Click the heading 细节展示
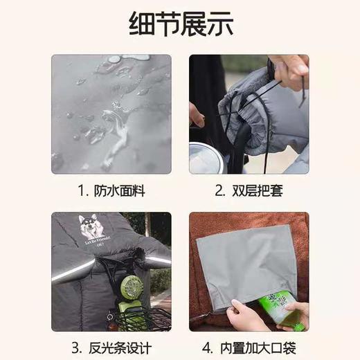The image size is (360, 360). (x=180, y=23)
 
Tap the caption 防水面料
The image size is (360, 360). (x=118, y=190)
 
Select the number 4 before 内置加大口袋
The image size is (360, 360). (x=206, y=347)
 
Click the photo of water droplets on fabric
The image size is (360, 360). (x=111, y=114)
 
